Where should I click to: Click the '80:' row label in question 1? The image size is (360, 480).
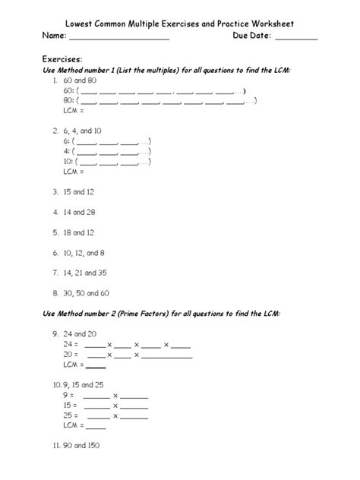pyautogui.click(x=68, y=100)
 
